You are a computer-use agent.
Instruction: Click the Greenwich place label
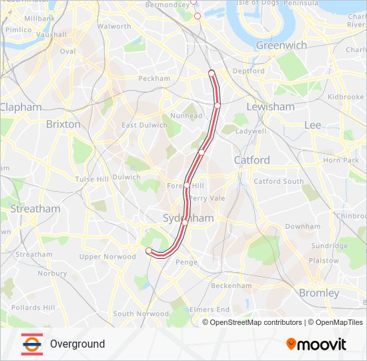(x=282, y=45)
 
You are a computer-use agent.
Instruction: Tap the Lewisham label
(x=270, y=107)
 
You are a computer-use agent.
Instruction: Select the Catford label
(x=252, y=160)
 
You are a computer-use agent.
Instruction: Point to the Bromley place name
(x=319, y=293)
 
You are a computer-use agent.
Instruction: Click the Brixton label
(x=63, y=124)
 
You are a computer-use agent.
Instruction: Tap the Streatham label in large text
(x=35, y=209)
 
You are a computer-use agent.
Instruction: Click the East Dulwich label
(x=144, y=125)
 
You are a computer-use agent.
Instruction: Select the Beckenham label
(x=231, y=285)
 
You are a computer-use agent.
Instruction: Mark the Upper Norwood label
(x=107, y=257)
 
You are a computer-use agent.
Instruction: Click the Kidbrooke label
(x=346, y=97)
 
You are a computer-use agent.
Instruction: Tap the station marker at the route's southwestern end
(x=149, y=251)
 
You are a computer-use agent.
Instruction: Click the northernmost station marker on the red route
(x=212, y=73)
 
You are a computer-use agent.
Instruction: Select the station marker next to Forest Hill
(x=187, y=185)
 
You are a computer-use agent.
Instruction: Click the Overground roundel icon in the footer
(x=31, y=344)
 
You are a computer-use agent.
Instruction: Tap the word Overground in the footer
(x=77, y=344)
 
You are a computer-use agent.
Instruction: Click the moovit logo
(x=316, y=344)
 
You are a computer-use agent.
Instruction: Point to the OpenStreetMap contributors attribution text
(x=255, y=322)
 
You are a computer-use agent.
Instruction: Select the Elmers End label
(x=210, y=310)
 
